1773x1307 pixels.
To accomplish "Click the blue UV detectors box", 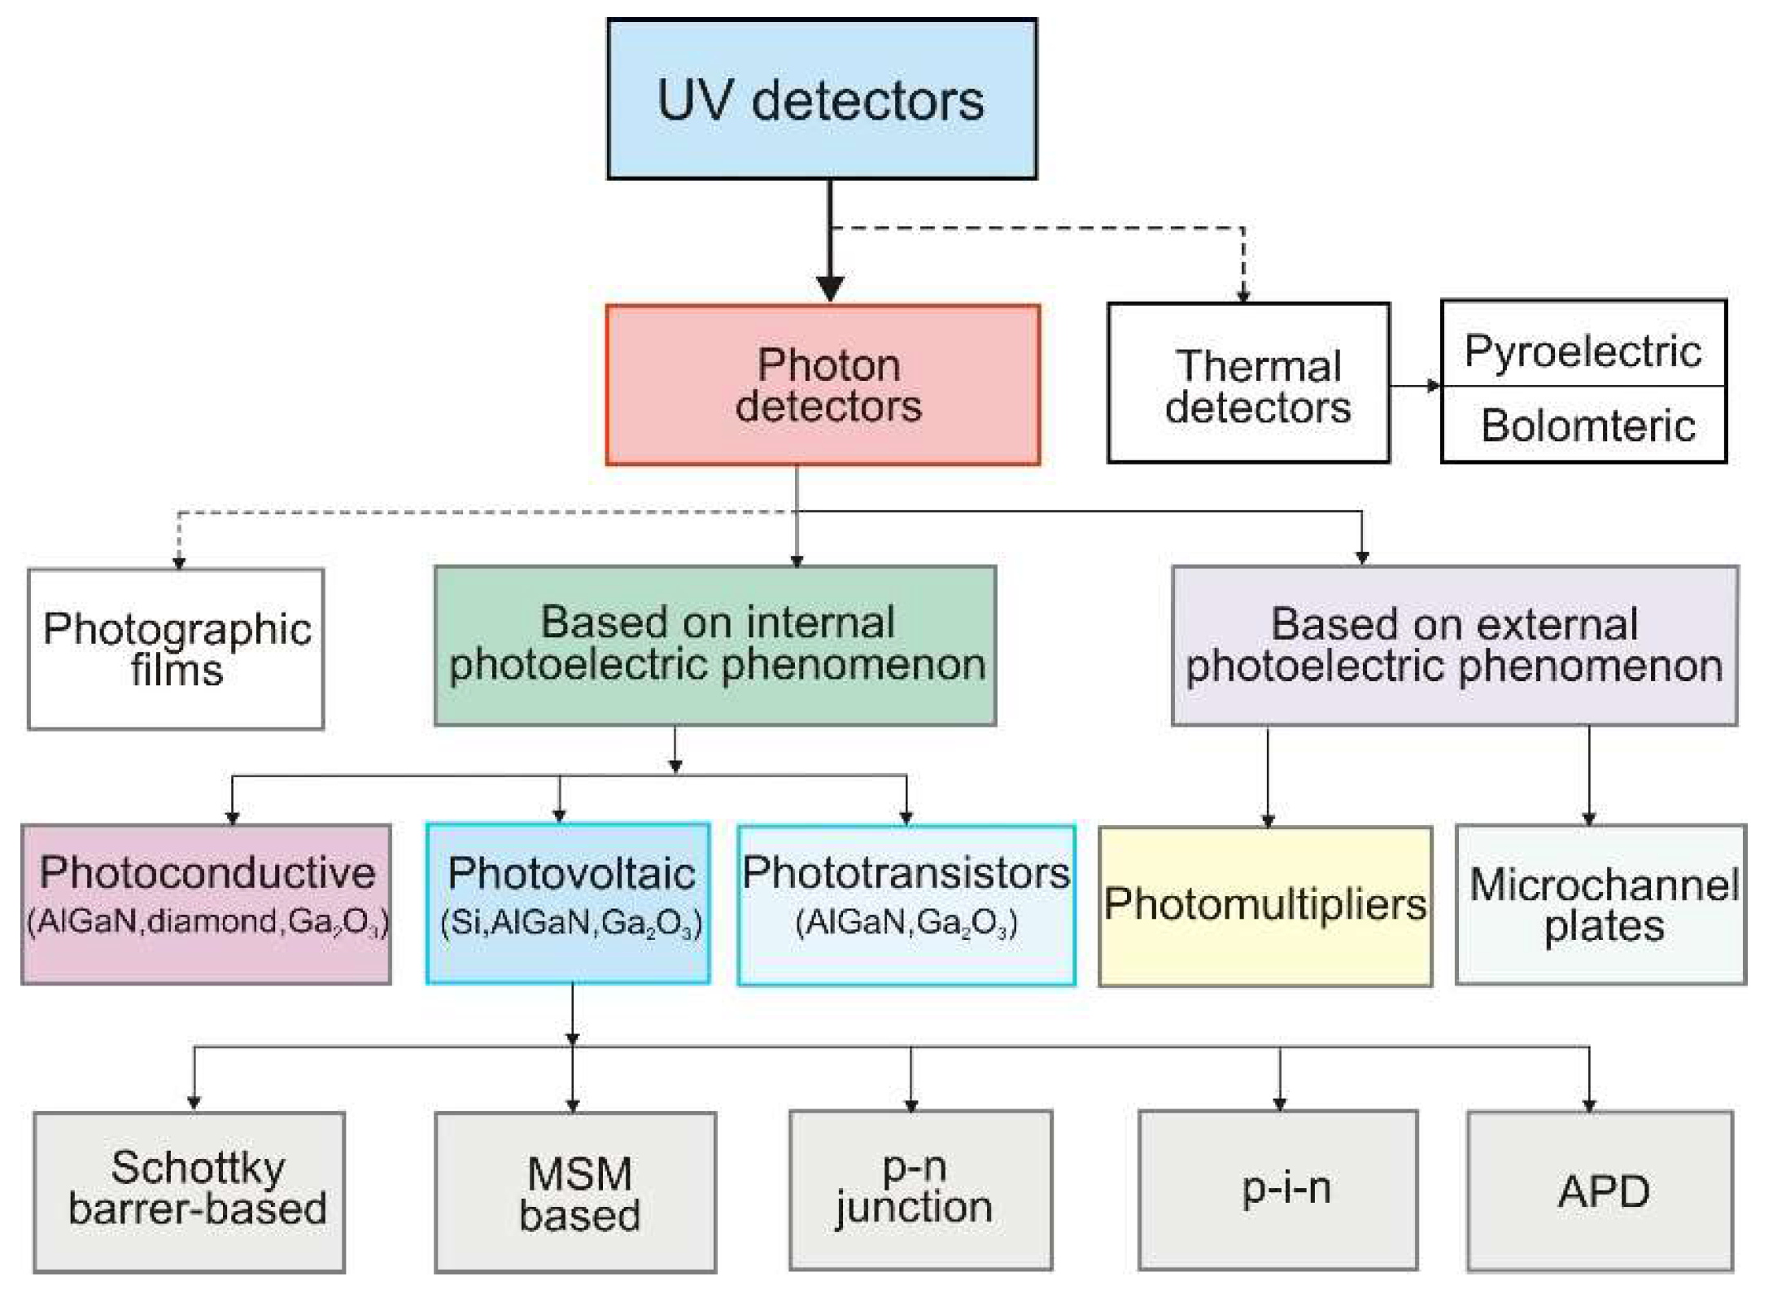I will click(822, 99).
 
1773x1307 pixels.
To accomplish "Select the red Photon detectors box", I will click(823, 385).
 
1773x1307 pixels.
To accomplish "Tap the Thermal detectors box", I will click(1248, 383).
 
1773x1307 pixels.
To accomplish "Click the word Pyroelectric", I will click(1583, 351).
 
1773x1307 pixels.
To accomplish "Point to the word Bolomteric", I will click(1587, 426).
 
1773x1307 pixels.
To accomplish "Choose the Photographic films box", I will click(176, 649).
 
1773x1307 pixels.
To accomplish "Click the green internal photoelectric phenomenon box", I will click(715, 645).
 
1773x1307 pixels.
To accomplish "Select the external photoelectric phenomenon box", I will click(1454, 645).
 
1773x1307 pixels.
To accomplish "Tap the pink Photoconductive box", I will click(207, 904).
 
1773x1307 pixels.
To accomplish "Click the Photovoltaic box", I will click(569, 903).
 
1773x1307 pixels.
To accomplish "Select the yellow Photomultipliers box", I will click(1265, 906).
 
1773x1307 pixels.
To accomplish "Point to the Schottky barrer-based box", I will click(190, 1191).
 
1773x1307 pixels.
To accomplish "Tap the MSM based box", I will click(576, 1192).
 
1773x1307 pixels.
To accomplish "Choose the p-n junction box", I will click(920, 1190).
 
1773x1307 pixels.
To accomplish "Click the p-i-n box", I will click(1278, 1189).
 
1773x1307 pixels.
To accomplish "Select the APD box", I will click(1600, 1191).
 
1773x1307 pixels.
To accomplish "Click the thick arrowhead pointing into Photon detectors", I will click(830, 287).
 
